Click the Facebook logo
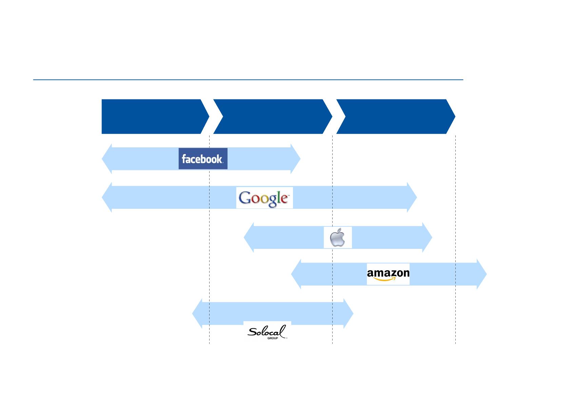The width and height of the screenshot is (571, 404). tap(203, 159)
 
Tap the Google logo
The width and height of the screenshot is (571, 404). tap(264, 198)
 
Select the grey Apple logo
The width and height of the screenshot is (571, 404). tap(337, 237)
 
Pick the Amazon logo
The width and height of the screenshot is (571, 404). tap(388, 274)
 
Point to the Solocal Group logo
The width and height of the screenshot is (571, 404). tap(267, 332)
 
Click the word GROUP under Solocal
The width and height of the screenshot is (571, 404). tap(273, 338)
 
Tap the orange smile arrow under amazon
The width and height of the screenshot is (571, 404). tap(385, 279)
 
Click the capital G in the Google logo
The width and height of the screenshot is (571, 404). tap(244, 198)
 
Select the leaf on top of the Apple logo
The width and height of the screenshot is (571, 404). tap(339, 231)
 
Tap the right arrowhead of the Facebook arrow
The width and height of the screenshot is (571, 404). tap(295, 159)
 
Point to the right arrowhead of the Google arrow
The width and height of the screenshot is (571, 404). tap(412, 197)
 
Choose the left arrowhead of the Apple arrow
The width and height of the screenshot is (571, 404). tap(249, 237)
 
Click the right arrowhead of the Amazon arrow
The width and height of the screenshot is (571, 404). tap(482, 274)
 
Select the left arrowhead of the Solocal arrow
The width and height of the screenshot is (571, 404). tap(197, 313)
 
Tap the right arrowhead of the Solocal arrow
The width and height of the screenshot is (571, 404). tap(349, 313)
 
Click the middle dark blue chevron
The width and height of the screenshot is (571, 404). tap(273, 116)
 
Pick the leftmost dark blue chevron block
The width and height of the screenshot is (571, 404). tap(153, 116)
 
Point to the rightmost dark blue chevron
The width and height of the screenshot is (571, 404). tap(396, 116)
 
